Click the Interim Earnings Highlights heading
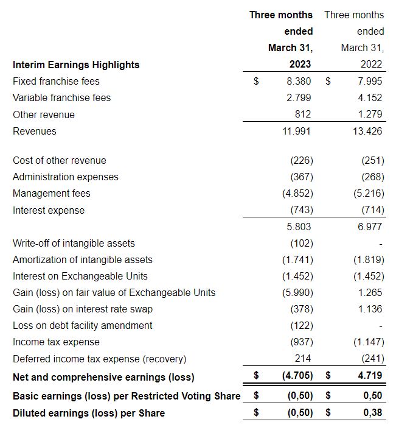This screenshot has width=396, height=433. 76,65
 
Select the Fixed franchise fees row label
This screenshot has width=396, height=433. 56,81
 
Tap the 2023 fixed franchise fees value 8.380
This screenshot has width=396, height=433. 299,81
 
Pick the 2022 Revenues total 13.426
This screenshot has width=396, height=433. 367,131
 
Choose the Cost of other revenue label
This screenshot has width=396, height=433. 59,160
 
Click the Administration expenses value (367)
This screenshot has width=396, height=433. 301,177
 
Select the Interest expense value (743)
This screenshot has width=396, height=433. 301,210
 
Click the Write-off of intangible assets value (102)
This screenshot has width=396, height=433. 301,243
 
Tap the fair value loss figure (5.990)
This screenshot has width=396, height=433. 299,292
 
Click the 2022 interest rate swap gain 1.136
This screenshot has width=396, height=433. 370,309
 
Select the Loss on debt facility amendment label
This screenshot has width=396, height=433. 83,325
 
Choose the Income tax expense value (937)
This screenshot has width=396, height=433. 301,342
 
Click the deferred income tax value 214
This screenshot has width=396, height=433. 304,359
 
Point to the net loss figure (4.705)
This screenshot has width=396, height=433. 297,376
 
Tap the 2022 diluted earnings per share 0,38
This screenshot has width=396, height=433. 372,413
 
